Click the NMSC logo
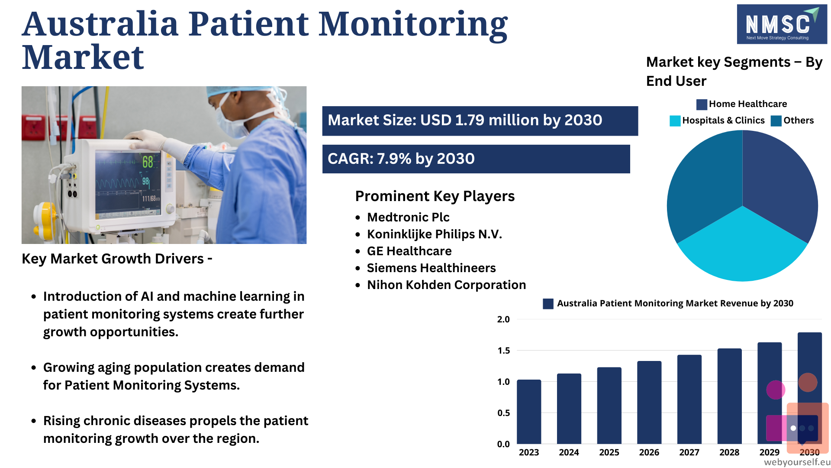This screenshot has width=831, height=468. click(x=782, y=24)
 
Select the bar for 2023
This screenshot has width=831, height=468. click(x=529, y=412)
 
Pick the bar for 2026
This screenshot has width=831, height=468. click(x=649, y=402)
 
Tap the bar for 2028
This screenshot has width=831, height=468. click(x=729, y=396)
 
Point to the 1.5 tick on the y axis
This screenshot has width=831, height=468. click(x=503, y=351)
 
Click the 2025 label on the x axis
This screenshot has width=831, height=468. click(x=609, y=452)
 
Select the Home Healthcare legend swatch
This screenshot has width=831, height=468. click(x=702, y=104)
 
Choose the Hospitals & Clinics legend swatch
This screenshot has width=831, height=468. click(x=675, y=121)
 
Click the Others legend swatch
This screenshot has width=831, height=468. click(x=776, y=121)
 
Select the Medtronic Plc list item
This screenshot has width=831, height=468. click(x=408, y=217)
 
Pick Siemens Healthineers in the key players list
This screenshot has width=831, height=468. click(x=431, y=268)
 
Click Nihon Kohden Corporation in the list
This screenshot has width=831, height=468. click(x=446, y=285)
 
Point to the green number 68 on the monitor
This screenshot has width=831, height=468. click(x=148, y=162)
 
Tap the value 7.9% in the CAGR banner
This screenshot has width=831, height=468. click(x=394, y=159)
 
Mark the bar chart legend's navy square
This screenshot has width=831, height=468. click(x=548, y=304)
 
